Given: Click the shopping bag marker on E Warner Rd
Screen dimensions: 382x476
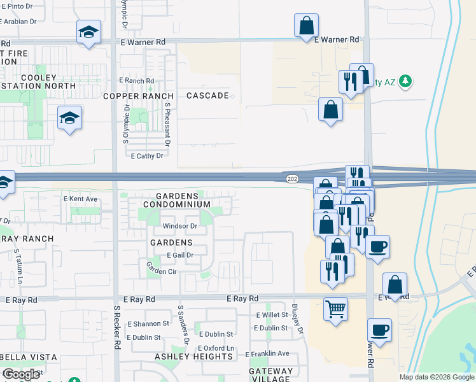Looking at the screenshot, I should tap(306, 26).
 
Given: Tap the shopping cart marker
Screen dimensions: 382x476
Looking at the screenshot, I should tap(335, 309).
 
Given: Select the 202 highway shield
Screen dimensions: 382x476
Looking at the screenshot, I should tap(292, 180).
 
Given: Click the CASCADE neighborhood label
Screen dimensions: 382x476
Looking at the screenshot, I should tap(207, 95).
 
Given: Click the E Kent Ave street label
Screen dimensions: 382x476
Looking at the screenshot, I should tap(80, 199).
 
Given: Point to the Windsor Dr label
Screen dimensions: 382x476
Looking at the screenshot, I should tap(180, 226).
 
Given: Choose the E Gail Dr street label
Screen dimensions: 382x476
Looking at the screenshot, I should tap(179, 255).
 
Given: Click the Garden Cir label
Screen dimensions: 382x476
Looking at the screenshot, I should tap(162, 271).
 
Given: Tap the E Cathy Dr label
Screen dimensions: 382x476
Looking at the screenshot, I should tap(146, 155).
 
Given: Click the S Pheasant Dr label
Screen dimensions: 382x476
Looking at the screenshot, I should tap(167, 124).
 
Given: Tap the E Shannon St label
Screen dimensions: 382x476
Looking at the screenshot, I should tap(148, 323).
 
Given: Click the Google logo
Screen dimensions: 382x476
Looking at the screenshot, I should tap(21, 374).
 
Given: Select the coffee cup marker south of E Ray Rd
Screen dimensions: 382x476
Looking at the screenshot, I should tap(379, 331).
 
